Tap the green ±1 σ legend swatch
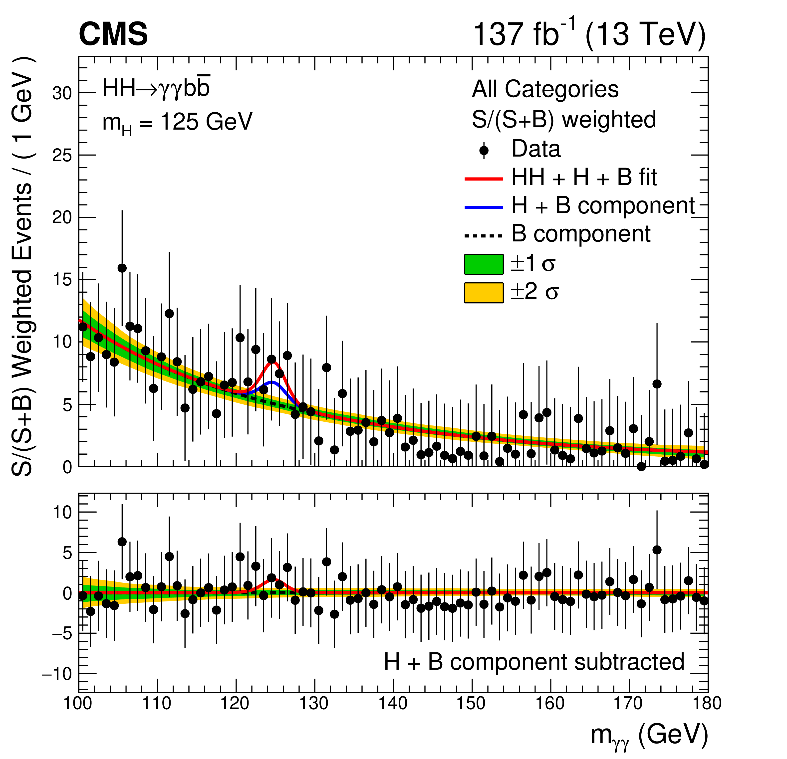[484, 264]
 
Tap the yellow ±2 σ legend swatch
[484, 293]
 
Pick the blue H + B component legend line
[484, 207]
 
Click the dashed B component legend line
[484, 236]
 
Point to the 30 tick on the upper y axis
[62, 93]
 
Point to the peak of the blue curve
[272, 382]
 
